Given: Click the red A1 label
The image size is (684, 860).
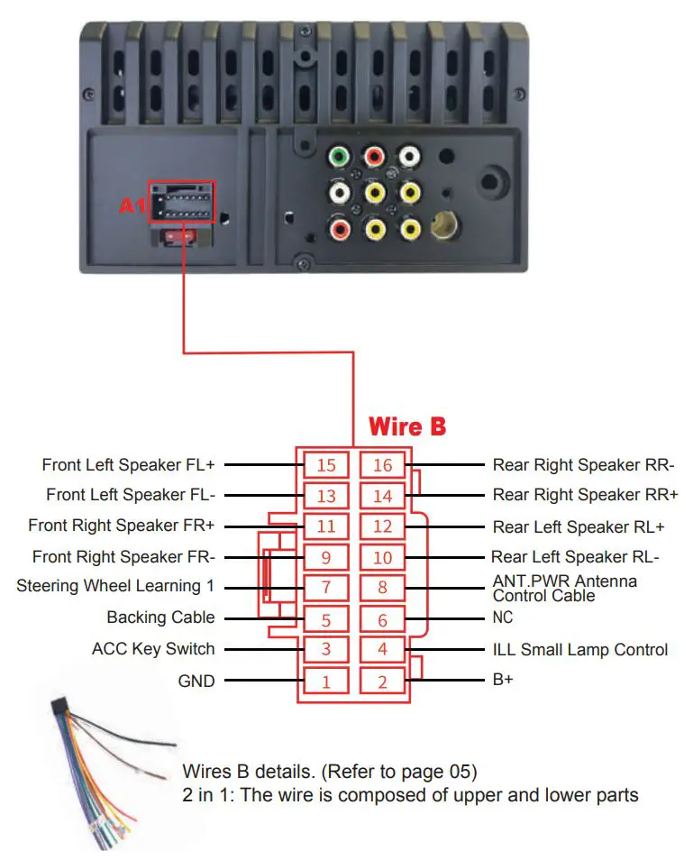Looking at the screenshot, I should click(x=132, y=206).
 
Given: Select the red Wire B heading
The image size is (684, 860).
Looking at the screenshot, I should click(x=407, y=426).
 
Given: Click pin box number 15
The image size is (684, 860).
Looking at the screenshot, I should click(x=325, y=465).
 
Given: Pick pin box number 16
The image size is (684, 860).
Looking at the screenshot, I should click(x=382, y=465).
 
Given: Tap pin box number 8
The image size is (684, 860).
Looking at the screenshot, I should click(x=382, y=589).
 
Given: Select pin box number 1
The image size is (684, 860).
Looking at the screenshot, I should click(x=325, y=682).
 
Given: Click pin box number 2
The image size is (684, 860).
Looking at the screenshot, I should click(x=382, y=682).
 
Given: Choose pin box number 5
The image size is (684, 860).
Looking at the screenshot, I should click(x=325, y=620).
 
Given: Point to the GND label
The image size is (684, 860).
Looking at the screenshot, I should click(x=196, y=681).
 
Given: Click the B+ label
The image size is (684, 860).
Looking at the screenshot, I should click(x=503, y=681).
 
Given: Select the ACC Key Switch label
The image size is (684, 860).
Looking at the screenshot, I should click(x=153, y=649).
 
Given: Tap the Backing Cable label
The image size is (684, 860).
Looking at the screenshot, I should click(x=160, y=618).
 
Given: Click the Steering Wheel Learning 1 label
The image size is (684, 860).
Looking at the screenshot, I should click(x=115, y=586).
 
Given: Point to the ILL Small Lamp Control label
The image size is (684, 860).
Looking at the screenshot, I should click(x=580, y=649).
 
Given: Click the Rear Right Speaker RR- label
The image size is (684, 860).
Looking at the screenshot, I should click(x=583, y=465).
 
